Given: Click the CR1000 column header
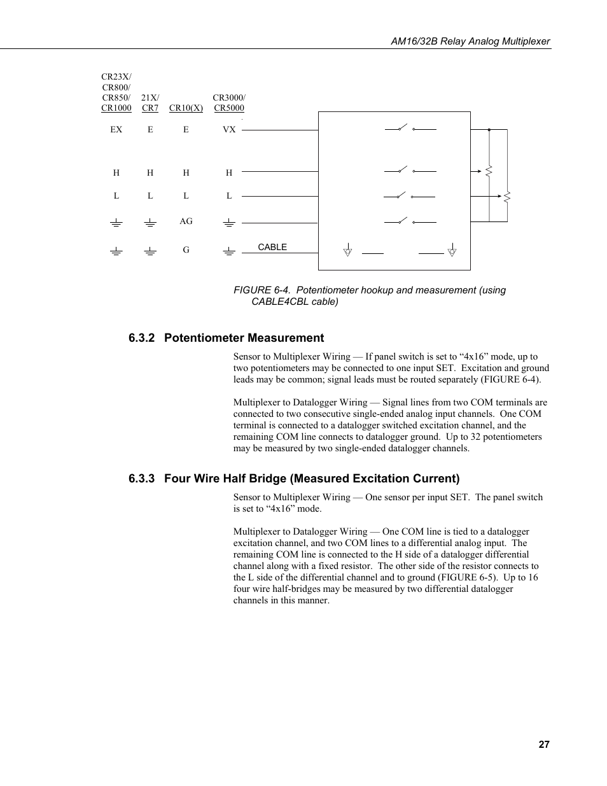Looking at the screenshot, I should pos(116,108).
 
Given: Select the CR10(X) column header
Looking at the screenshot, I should pos(186,108).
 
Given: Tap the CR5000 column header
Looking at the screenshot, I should pos(229,108).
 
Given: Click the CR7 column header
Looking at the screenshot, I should pos(150,108).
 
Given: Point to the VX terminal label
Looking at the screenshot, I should pos(229,129).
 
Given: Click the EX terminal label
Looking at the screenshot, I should pos(116,129).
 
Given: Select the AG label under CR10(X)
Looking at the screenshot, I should pos(186,221).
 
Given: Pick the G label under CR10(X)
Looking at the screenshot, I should pos(186,250).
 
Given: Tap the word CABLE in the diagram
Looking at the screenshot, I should pos(272,247).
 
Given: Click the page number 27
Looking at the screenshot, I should pos(543,745).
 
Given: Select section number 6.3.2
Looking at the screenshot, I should pos(142,338).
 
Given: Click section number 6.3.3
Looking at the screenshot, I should pos(142,479).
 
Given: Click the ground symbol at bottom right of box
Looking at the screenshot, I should pos(451,249).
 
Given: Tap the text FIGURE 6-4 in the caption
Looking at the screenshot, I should pos(262,290).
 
